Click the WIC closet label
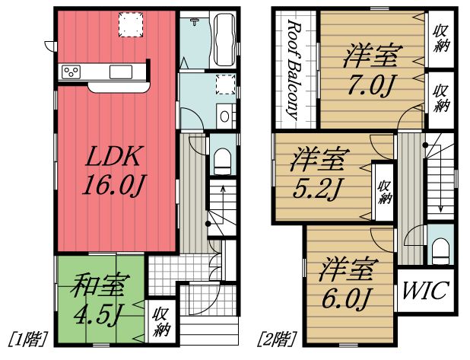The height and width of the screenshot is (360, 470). point(424,290)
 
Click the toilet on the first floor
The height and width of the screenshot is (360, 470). point(223,159)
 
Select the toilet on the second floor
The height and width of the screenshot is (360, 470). point(440,248)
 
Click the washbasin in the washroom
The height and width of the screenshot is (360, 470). point(225,116)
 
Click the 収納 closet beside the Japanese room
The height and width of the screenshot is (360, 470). point(160,320)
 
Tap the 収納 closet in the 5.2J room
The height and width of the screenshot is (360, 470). point(384,193)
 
